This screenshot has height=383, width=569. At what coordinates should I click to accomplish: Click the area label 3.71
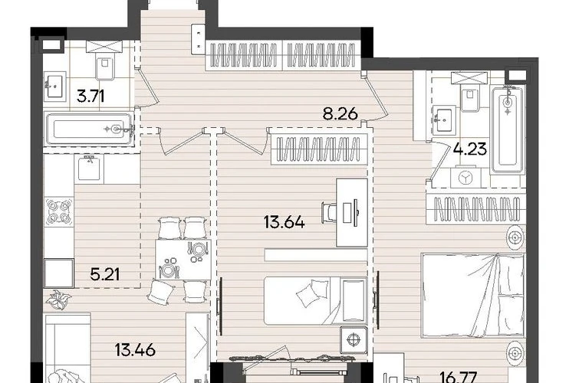(x=90, y=97)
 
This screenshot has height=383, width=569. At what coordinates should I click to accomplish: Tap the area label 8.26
(x=340, y=114)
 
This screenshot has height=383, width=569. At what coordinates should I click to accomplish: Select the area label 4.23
(x=470, y=149)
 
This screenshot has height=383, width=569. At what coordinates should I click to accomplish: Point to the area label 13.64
(x=284, y=221)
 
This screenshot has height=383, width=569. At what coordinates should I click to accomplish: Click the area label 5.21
(x=105, y=274)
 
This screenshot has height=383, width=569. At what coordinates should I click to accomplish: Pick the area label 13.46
(x=135, y=350)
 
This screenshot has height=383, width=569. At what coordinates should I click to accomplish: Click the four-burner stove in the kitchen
(x=59, y=211)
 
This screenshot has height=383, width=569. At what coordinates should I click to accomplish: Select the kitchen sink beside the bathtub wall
(x=89, y=169)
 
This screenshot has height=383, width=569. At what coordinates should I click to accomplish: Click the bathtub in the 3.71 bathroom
(x=89, y=129)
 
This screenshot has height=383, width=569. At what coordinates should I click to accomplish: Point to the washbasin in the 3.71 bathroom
(x=55, y=87)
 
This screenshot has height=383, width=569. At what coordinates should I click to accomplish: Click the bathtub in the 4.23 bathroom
(x=508, y=129)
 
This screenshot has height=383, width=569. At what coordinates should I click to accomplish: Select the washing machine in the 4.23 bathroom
(x=465, y=177)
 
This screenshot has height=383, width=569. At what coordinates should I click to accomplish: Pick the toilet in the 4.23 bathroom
(x=471, y=96)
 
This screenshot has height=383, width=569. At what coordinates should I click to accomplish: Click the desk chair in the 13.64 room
(x=329, y=211)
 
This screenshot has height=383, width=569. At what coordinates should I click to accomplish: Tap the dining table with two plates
(x=183, y=260)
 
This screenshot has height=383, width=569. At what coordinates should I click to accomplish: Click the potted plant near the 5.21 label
(x=58, y=300)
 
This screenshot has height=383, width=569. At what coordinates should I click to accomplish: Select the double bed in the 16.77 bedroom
(x=473, y=296)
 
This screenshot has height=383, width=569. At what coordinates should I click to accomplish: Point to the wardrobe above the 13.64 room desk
(x=319, y=149)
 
